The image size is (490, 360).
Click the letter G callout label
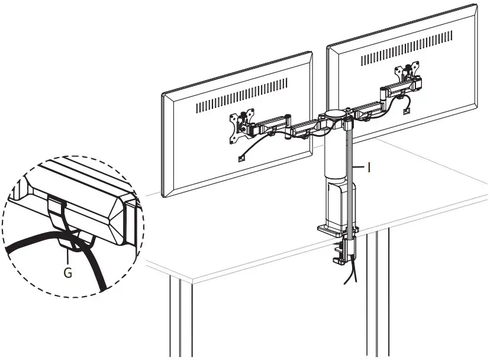tap(69, 275)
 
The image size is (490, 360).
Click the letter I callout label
tap(369, 168)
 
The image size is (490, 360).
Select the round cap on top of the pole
tap(336, 112)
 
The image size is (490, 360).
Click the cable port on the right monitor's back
tap(406, 110)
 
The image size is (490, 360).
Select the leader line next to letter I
tap(360, 168)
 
